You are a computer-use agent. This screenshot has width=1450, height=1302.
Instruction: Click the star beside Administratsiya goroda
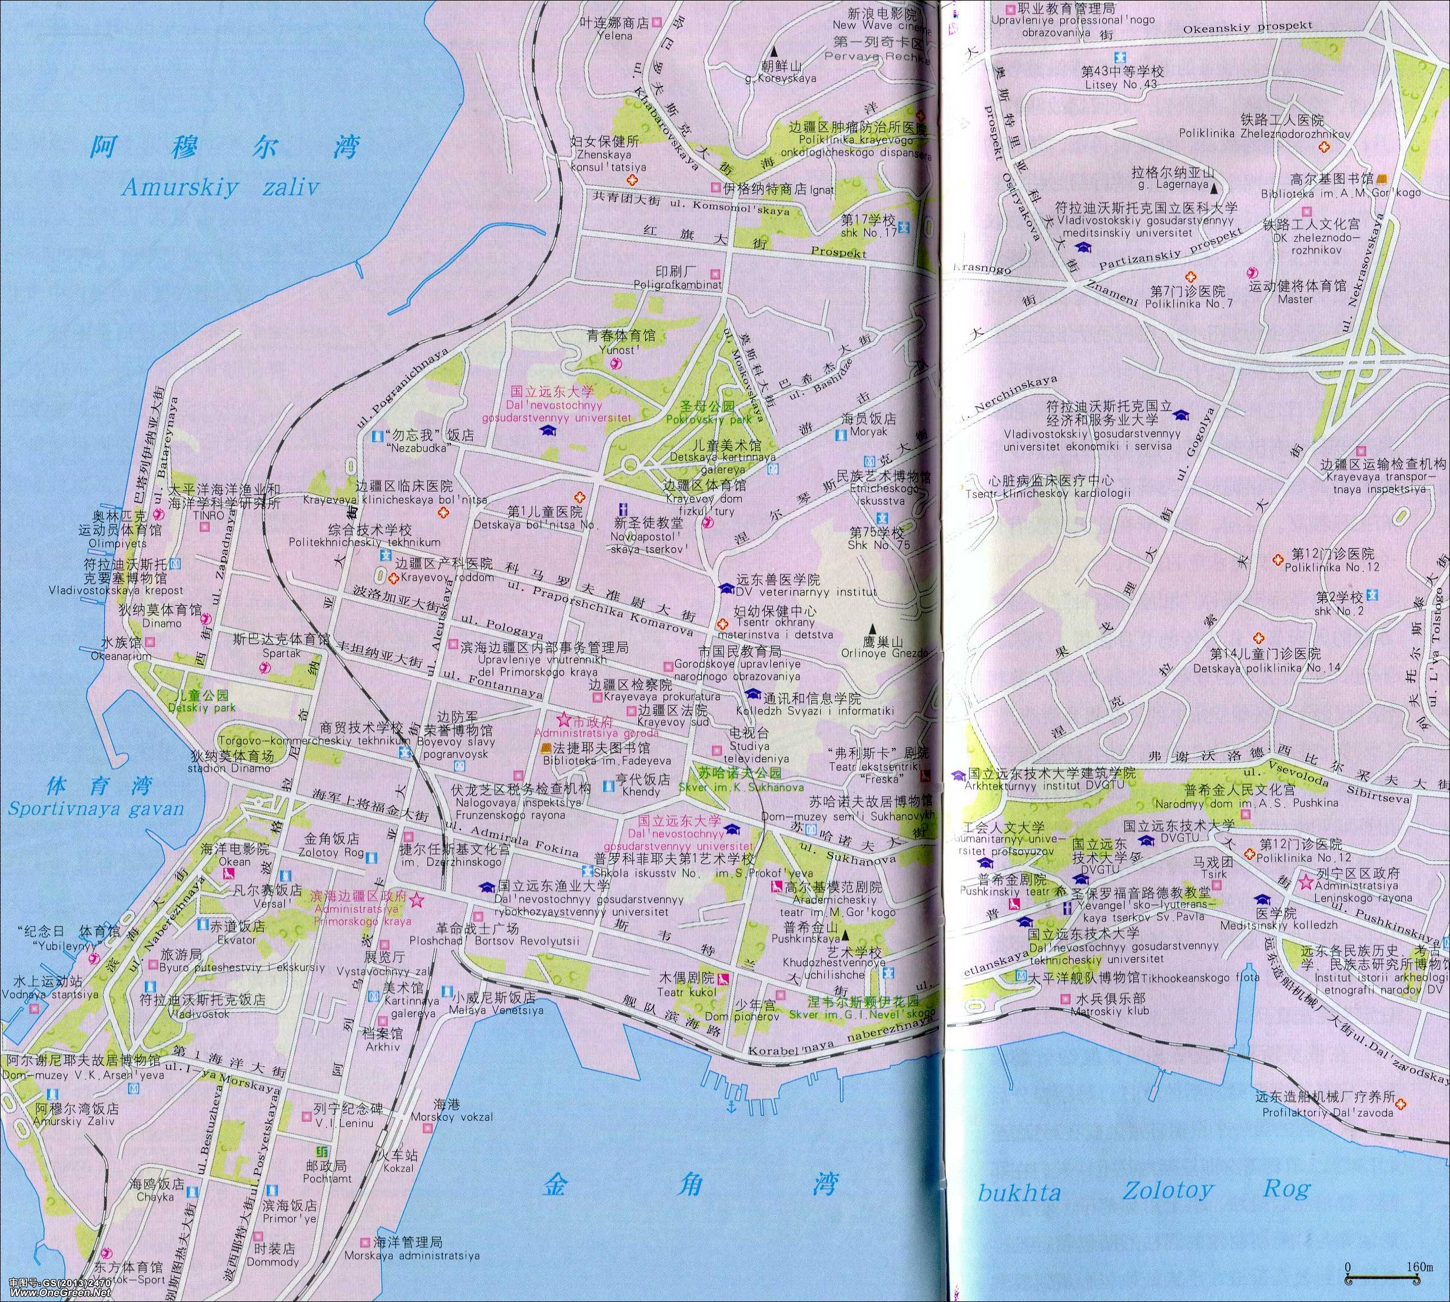563,718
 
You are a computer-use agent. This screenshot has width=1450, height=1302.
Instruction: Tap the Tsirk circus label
1214,874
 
